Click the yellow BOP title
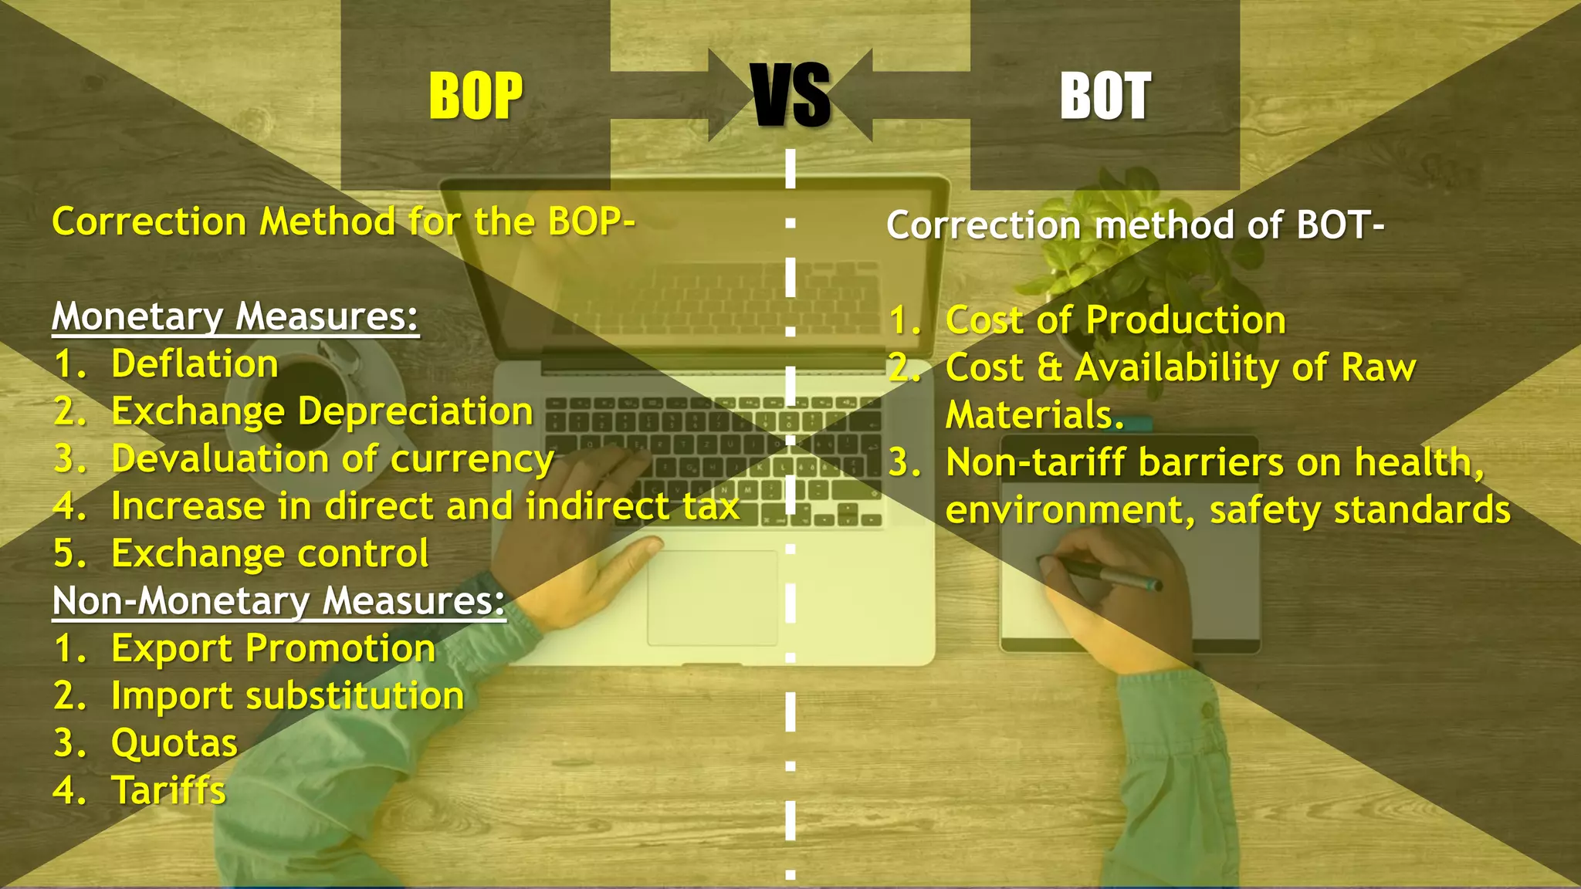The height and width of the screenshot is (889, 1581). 476,96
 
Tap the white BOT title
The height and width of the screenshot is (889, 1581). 1105,97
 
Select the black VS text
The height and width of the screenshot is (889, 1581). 790,96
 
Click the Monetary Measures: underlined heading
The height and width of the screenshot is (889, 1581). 235,317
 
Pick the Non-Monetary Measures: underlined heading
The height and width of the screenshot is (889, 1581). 279,601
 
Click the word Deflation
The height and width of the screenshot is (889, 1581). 195,364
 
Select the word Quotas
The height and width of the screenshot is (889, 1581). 174,744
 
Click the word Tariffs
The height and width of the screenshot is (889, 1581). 168,791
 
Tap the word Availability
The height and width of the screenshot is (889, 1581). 1177,368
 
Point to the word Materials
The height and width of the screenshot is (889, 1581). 1034,415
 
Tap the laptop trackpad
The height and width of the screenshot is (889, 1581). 712,598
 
